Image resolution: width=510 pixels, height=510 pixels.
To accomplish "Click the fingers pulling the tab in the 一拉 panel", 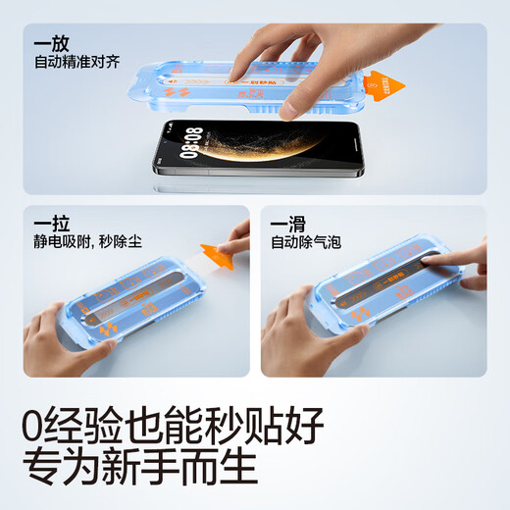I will click(238, 235).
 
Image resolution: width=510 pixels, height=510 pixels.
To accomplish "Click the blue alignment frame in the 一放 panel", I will click(196, 93).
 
